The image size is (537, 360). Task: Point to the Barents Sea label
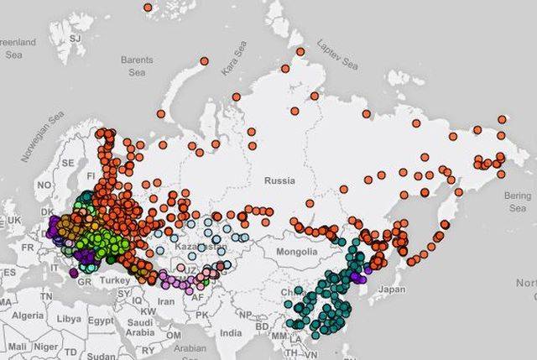(x=137, y=66)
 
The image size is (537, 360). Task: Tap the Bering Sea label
(x=518, y=201)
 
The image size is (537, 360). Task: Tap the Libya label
(x=70, y=320)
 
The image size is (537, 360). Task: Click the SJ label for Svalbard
(x=76, y=38)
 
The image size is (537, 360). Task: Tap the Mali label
(x=19, y=346)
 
